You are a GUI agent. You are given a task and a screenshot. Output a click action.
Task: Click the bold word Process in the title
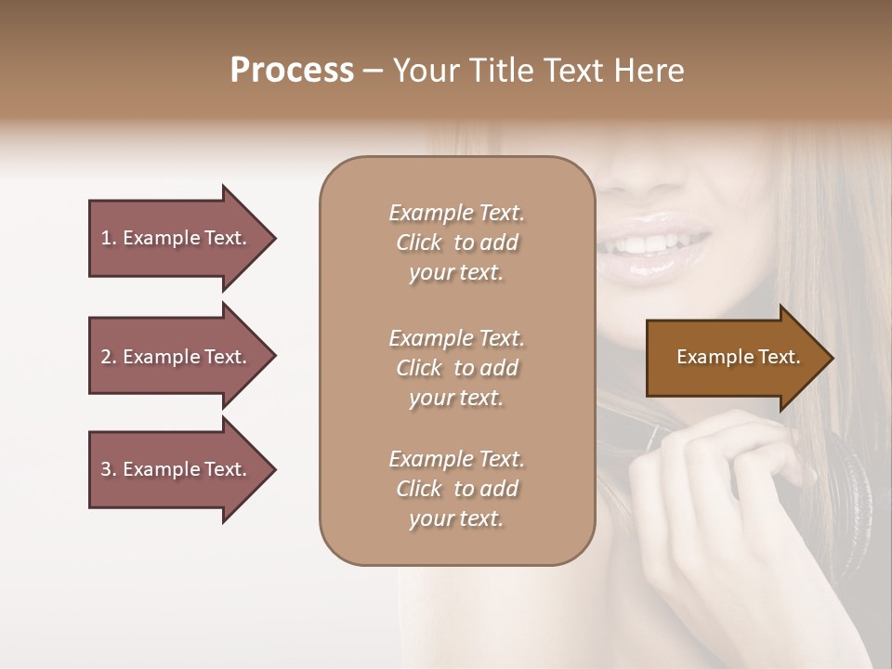(x=292, y=71)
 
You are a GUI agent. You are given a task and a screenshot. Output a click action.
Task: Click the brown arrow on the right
(x=738, y=358)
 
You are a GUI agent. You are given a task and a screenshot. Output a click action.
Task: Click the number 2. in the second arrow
(x=108, y=357)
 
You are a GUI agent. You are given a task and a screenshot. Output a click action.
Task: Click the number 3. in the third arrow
(x=108, y=469)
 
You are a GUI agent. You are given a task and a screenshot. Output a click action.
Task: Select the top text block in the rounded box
(x=456, y=243)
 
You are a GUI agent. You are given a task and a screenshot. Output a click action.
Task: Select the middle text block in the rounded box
(x=456, y=368)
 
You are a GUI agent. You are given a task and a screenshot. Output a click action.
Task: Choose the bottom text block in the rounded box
(x=456, y=489)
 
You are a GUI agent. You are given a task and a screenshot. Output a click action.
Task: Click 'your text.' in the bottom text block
(x=456, y=518)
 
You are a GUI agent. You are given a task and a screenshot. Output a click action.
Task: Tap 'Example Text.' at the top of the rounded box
(x=456, y=213)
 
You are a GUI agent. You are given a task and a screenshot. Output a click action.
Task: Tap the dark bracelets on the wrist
(x=850, y=483)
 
